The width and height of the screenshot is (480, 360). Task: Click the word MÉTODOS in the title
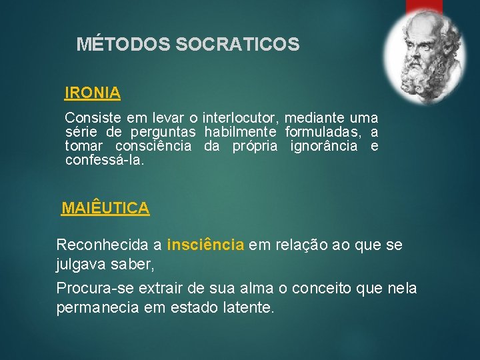coord(124,45)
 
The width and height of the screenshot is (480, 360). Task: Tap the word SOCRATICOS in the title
coord(237,45)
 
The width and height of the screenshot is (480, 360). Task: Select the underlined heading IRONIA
coord(93,93)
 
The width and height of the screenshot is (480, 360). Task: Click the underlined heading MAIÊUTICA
coord(105,208)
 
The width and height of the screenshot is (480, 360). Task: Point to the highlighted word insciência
coord(205,245)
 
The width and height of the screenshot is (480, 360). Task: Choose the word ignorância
coord(324,146)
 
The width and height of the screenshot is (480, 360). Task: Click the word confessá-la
coord(105,160)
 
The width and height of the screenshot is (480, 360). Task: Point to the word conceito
coord(317,289)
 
